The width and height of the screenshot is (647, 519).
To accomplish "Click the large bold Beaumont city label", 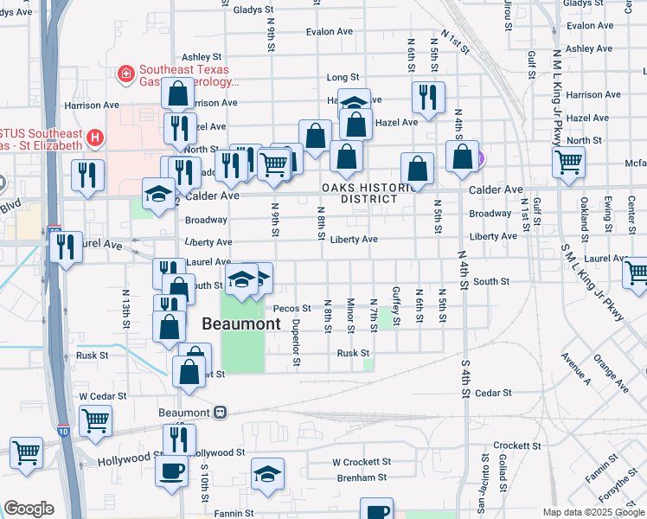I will [241, 324].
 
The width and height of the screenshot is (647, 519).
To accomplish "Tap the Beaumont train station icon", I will [221, 413].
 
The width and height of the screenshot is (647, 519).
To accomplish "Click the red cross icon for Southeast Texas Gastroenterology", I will [126, 74].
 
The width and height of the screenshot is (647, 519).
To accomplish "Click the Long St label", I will [343, 77].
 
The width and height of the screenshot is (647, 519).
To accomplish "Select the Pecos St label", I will [291, 307].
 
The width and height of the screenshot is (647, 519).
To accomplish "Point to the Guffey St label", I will [395, 306].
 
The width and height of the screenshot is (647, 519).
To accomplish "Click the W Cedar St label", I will [103, 396].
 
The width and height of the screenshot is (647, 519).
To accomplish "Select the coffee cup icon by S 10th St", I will [170, 471].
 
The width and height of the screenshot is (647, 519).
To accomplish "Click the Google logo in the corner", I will [29, 509].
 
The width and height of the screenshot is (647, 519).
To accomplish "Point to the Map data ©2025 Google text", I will [593, 512].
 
